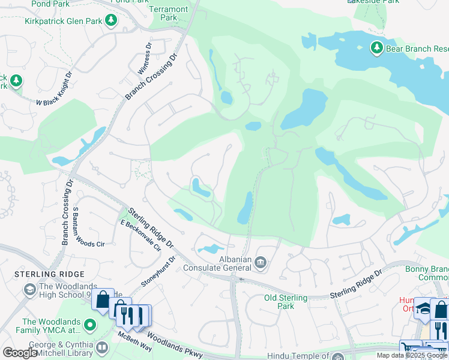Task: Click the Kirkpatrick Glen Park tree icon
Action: (111, 22)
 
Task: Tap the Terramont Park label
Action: (169, 13)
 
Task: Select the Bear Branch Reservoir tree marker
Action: (376, 47)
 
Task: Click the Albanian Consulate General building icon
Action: (261, 262)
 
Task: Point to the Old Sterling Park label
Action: (286, 302)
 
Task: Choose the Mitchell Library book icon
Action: (102, 347)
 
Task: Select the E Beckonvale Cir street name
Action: (140, 235)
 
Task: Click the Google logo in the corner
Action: (20, 353)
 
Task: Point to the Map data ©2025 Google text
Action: (412, 355)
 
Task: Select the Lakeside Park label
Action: (373, 2)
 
